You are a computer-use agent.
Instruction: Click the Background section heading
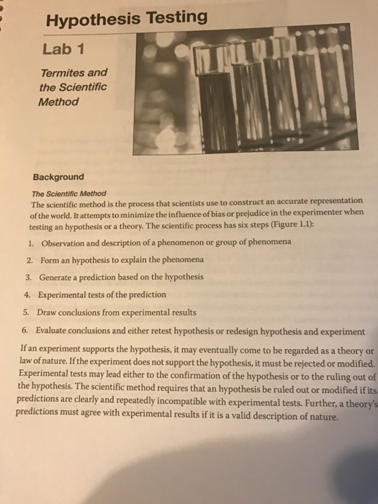[58, 177]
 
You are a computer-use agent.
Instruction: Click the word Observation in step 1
[67, 242]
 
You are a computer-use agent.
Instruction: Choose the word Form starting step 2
[50, 259]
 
